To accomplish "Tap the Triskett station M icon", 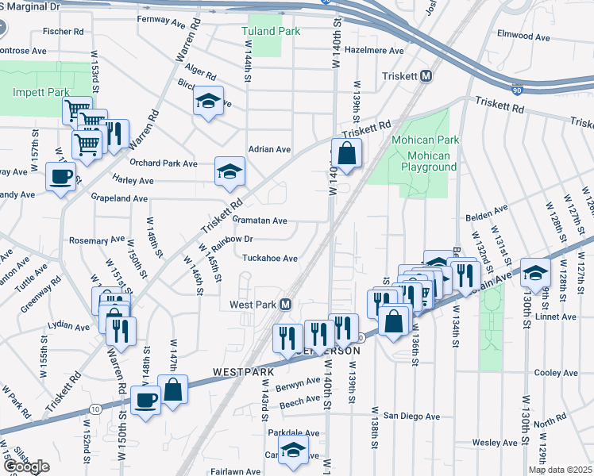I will click(426, 76).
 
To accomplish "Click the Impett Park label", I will click(41, 92).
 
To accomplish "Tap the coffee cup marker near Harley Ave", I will click(60, 176).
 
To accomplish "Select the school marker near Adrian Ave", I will click(229, 171).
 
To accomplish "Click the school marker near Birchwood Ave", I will click(208, 102).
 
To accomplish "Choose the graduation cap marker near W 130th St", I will click(536, 271).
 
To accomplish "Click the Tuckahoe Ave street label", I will click(269, 258).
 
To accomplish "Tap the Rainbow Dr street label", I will click(237, 239).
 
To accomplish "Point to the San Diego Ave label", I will click(411, 416).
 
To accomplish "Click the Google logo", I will click(25, 466).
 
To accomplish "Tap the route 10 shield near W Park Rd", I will click(95, 409).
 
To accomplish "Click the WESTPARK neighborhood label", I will click(243, 371).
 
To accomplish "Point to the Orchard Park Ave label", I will click(164, 163).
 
